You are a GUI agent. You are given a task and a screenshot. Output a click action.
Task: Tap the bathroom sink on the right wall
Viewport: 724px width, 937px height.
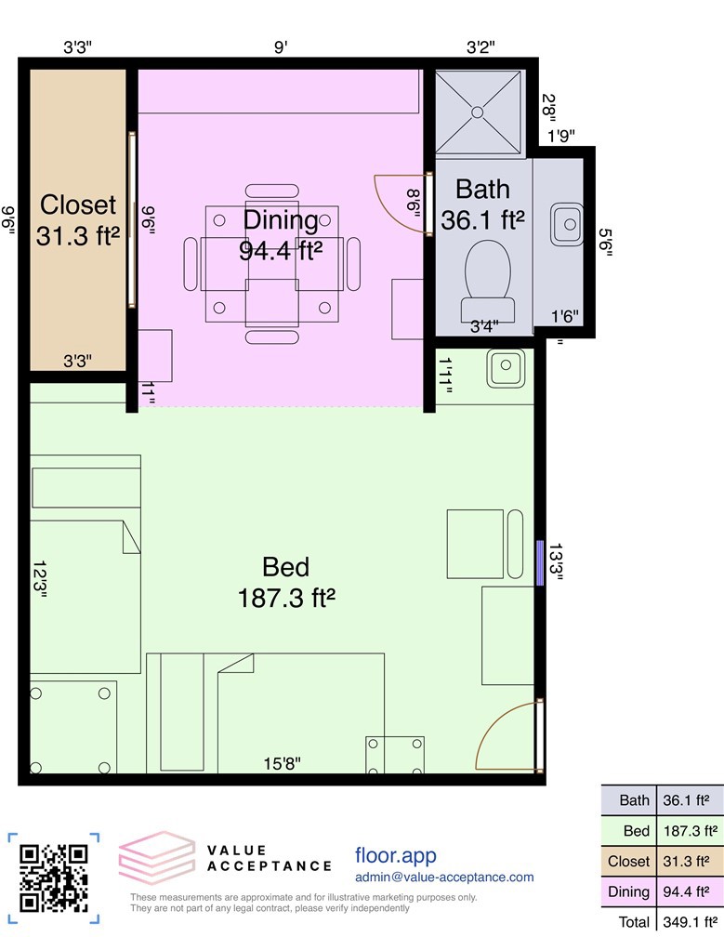pos(566,224)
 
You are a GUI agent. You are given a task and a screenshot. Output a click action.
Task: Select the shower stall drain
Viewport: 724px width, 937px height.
pos(479,112)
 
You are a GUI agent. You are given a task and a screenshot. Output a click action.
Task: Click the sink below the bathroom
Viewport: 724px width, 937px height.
pos(507,368)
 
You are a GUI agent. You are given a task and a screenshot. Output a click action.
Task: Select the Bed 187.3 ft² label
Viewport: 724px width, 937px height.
pos(285,581)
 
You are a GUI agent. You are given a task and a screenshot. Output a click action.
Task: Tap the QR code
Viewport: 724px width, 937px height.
pos(54,877)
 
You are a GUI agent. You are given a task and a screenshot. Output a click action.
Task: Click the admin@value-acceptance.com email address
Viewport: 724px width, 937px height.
pos(444,877)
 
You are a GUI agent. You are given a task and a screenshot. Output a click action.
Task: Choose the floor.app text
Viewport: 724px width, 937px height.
pos(395,854)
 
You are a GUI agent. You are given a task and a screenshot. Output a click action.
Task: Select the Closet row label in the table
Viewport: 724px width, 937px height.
pos(628,861)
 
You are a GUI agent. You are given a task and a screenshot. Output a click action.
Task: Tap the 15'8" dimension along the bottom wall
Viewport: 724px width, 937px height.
pos(282,764)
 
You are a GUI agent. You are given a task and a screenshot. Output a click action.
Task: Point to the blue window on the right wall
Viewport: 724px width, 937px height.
pos(540,562)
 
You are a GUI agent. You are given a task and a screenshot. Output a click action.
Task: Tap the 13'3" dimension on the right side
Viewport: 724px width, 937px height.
pos(557,563)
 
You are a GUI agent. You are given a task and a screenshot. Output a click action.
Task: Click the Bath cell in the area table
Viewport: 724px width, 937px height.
pos(635,799)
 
